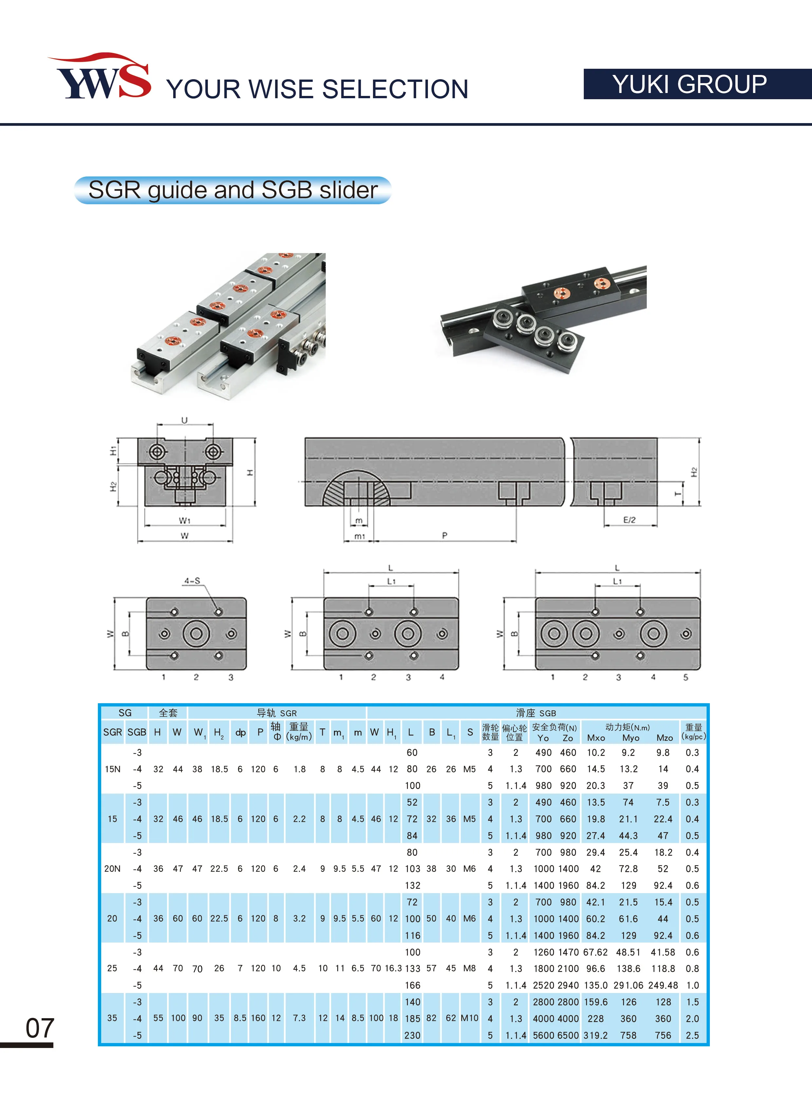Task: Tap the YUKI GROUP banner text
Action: click(x=689, y=84)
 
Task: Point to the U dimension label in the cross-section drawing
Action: click(x=184, y=420)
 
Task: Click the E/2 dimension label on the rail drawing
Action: click(x=629, y=520)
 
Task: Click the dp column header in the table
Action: click(x=240, y=732)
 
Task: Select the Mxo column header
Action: click(x=596, y=738)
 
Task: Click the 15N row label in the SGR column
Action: click(x=113, y=769)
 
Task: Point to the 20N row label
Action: click(x=112, y=869)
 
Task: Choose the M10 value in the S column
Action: click(x=470, y=1018)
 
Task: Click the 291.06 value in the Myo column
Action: click(x=629, y=985)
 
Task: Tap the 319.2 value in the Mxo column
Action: click(x=596, y=1035)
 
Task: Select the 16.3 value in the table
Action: click(x=393, y=968)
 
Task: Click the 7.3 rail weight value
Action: click(x=299, y=1018)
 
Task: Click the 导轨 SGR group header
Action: click(x=277, y=713)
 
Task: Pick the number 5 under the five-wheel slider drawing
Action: click(x=686, y=677)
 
